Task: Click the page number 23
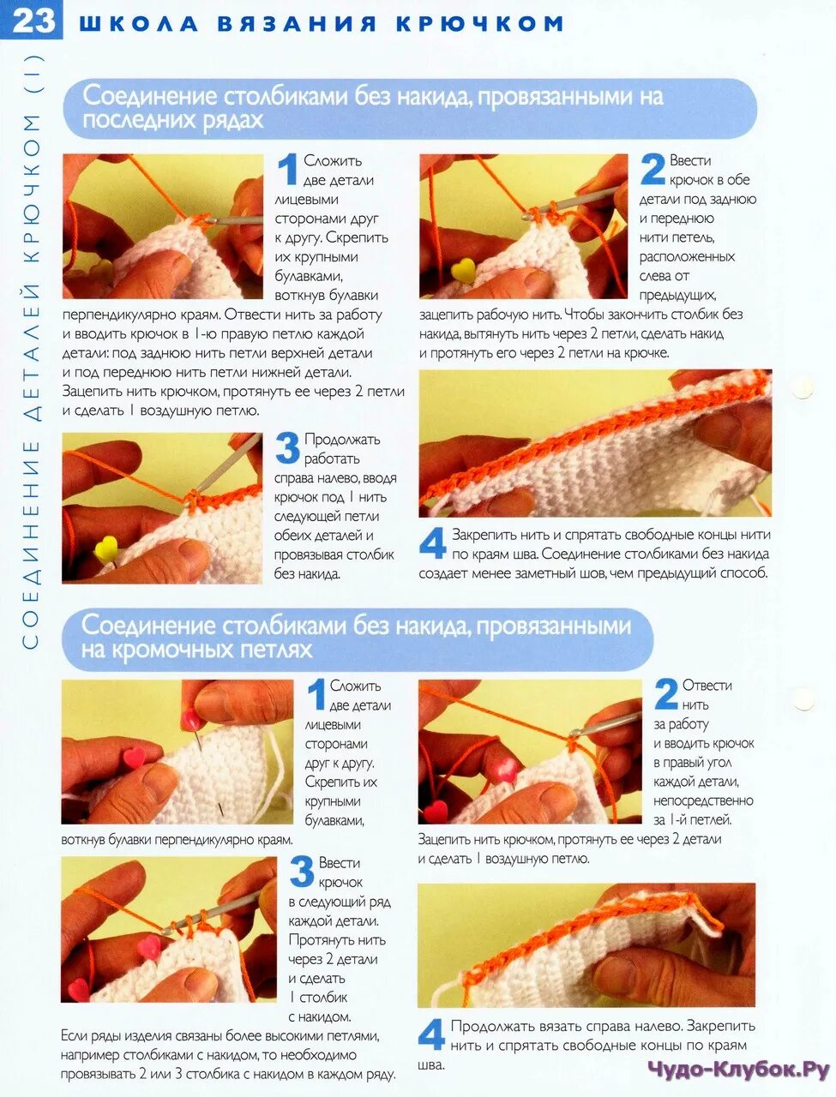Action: click(33, 21)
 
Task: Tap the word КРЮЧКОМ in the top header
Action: click(480, 24)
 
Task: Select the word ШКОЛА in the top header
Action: click(139, 24)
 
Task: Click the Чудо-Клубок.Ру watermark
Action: click(738, 1070)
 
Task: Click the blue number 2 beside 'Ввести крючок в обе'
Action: click(653, 170)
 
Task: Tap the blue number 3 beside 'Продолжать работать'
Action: click(287, 447)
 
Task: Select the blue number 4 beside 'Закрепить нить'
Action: click(432, 543)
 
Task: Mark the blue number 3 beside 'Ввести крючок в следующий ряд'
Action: click(302, 872)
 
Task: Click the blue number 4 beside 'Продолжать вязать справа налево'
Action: click(431, 1034)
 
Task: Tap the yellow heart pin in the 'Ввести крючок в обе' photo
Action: click(462, 270)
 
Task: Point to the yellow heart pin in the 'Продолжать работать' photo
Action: click(106, 548)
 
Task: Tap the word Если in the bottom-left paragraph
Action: click(75, 1035)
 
